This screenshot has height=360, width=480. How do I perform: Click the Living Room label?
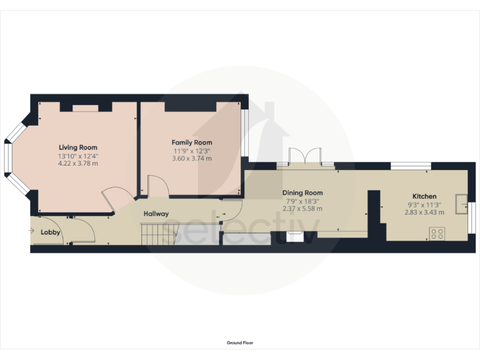pyautogui.click(x=78, y=147)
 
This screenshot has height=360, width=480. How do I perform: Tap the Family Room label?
pyautogui.click(x=192, y=142)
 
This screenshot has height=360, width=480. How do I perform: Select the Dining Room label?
pyautogui.click(x=302, y=192)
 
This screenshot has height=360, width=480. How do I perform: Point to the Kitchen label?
pyautogui.click(x=424, y=196)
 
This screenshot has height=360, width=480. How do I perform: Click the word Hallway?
pyautogui.click(x=156, y=214)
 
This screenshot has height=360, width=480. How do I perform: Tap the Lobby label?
pyautogui.click(x=51, y=232)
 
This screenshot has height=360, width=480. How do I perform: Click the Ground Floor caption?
pyautogui.click(x=240, y=342)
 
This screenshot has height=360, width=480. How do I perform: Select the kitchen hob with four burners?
pyautogui.click(x=437, y=234)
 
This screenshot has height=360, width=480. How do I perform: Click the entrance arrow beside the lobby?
pyautogui.click(x=32, y=231)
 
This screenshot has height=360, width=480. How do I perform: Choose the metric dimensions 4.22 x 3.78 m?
pyautogui.click(x=78, y=163)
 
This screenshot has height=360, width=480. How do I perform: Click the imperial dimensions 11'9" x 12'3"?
pyautogui.click(x=192, y=151)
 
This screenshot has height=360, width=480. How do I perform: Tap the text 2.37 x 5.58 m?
pyautogui.click(x=302, y=209)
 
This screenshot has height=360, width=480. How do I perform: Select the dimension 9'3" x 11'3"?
pyautogui.click(x=424, y=204)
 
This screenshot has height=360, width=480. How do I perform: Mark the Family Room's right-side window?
pyautogui.click(x=246, y=132)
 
